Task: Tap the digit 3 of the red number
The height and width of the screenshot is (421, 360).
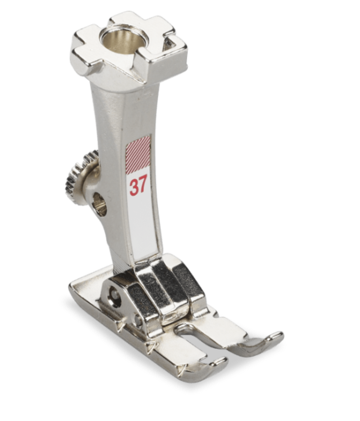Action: [x=135, y=188]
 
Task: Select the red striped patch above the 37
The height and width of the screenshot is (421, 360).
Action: [x=138, y=155]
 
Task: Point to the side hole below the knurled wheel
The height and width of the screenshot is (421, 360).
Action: [x=100, y=204]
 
